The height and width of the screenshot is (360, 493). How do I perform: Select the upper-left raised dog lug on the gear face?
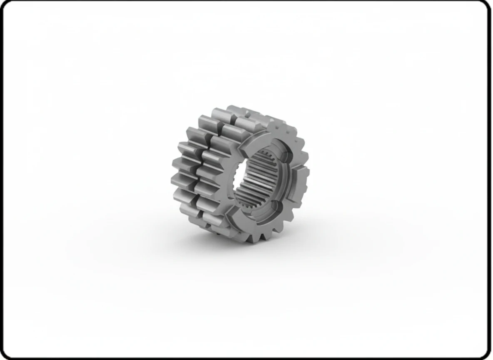pyautogui.click(x=255, y=139)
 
